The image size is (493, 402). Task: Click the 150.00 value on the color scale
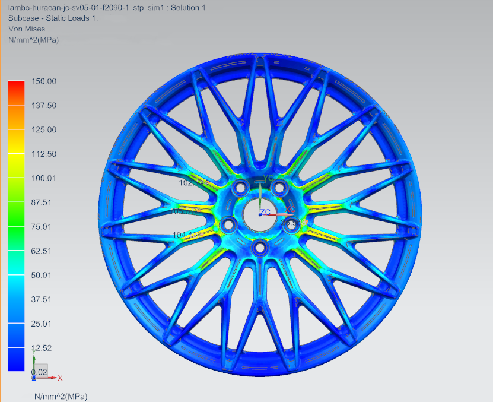pos(43,81)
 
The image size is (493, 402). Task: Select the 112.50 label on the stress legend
pos(43,154)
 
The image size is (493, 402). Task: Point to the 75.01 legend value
pos(43,227)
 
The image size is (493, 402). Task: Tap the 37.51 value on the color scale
pos(43,299)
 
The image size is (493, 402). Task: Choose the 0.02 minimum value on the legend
pos(39,372)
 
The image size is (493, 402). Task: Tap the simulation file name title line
pos(107,8)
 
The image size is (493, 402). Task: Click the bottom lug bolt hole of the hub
pos(259,246)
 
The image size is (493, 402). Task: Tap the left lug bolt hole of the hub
pos(229,224)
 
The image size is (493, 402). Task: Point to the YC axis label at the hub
pos(269,178)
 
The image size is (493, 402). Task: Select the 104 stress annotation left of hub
pos(187,235)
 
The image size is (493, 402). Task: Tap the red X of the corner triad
pos(60,378)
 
